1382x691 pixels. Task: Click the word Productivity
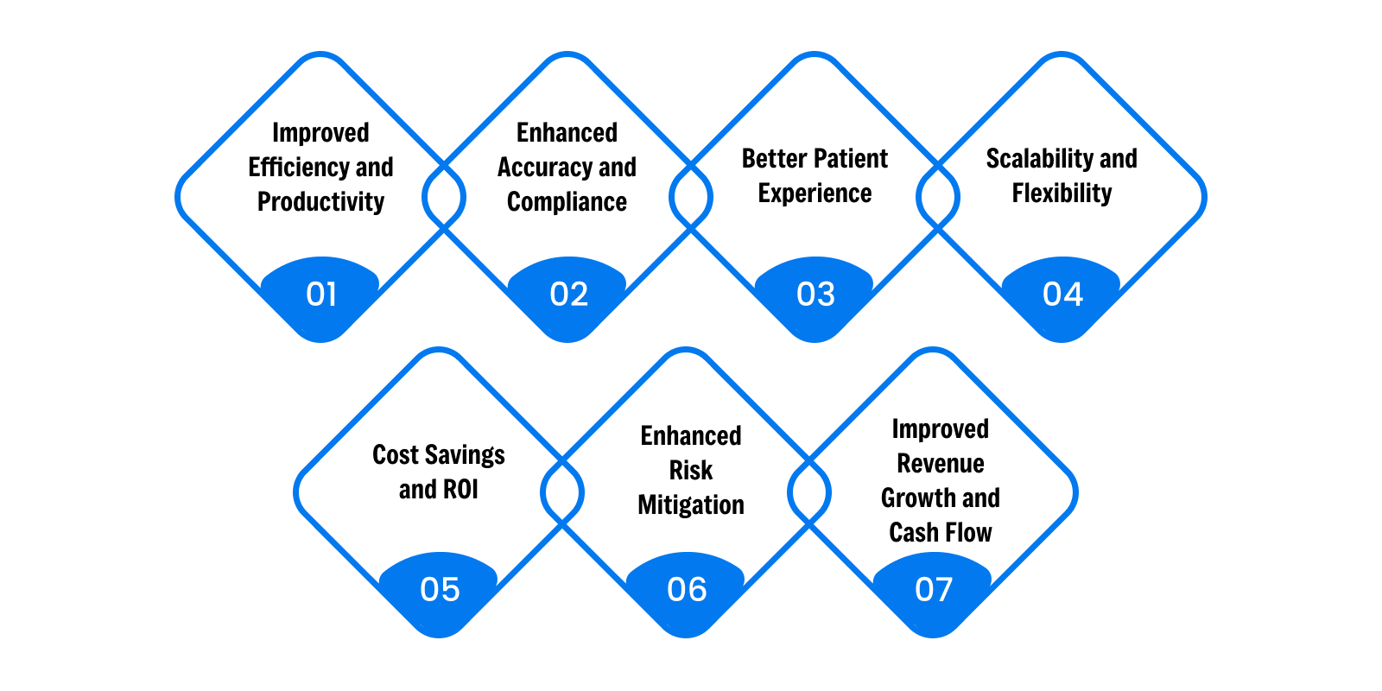pyautogui.click(x=320, y=202)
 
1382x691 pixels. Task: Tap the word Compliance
pyautogui.click(x=567, y=202)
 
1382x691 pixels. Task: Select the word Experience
pyautogui.click(x=815, y=193)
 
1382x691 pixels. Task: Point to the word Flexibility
pyautogui.click(x=1062, y=193)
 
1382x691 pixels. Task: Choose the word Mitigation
pyautogui.click(x=691, y=504)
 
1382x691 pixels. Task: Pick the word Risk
pyautogui.click(x=691, y=470)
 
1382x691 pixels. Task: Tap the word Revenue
pyautogui.click(x=941, y=463)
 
